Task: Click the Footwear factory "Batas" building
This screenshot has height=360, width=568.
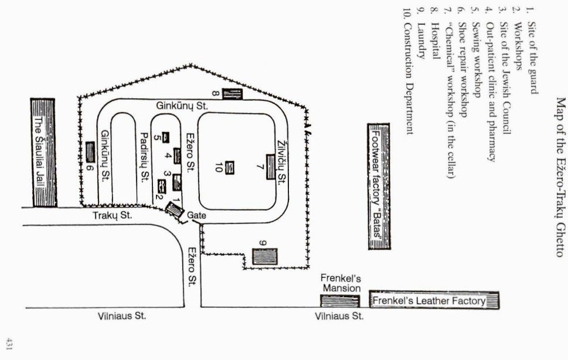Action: click(378, 186)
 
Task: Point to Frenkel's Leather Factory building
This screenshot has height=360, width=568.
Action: click(434, 301)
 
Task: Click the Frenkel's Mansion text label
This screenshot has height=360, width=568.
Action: click(341, 284)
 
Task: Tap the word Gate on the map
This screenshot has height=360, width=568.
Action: click(196, 216)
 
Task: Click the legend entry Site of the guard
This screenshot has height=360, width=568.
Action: click(530, 57)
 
